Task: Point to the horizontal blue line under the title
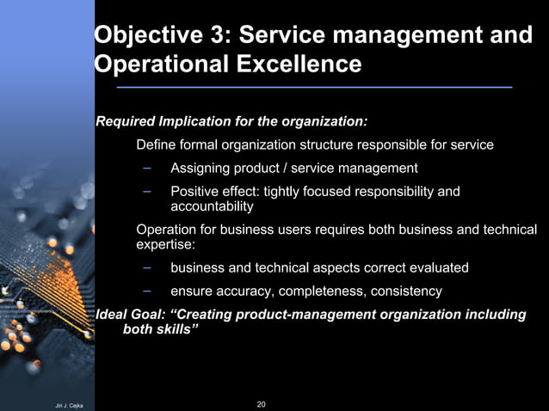tap(313, 88)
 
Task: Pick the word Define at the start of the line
tap(156, 144)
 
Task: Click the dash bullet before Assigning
tap(147, 167)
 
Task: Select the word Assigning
tap(202, 168)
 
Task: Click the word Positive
tap(196, 191)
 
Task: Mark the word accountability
tap(212, 207)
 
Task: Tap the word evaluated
tap(435, 268)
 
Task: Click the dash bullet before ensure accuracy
tap(147, 291)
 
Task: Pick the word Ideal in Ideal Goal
tap(111, 315)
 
